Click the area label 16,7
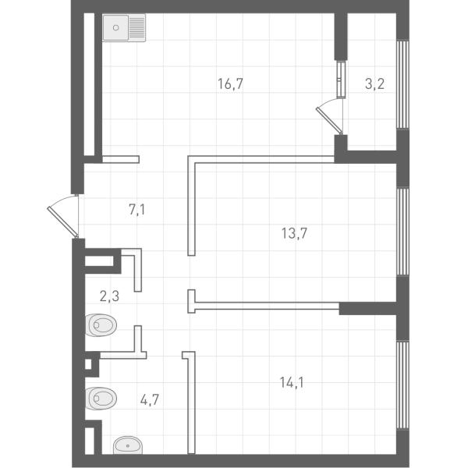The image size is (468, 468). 230,84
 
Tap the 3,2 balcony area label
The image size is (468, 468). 374,84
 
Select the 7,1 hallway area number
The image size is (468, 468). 137,210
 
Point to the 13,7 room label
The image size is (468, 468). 294,233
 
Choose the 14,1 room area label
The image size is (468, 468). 292,382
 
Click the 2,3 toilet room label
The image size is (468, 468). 109,296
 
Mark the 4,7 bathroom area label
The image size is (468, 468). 150,399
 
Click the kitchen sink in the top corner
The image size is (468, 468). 124,27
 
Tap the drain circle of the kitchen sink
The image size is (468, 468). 115,28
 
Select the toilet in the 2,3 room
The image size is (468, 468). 101,324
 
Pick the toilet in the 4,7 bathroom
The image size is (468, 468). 101,398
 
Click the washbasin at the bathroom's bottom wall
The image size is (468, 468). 128,445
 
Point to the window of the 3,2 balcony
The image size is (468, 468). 402,84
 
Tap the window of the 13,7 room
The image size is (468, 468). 402,232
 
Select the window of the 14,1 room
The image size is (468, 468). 402,385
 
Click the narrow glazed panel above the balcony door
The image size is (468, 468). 341,79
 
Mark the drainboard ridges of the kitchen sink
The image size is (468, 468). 137,27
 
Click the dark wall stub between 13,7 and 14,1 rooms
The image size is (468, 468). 367,308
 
